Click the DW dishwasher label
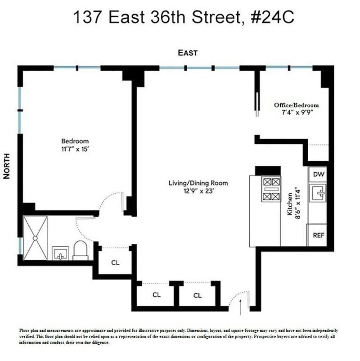[x=319, y=174]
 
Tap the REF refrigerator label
[x=319, y=235]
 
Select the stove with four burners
[x=271, y=189]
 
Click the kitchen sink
[x=318, y=193]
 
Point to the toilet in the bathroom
[x=81, y=250]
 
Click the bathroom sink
[x=60, y=253]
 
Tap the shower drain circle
[x=35, y=238]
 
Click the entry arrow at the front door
[x=240, y=307]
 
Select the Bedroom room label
[x=75, y=141]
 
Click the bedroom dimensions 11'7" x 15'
[x=75, y=149]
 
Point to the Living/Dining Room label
[x=198, y=183]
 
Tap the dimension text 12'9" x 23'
[x=198, y=191]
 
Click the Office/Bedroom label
[x=296, y=105]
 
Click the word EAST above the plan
[x=188, y=53]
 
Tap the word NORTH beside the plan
[x=7, y=166]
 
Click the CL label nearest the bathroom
[x=115, y=263]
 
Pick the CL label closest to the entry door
[x=198, y=295]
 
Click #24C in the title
[x=273, y=17]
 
